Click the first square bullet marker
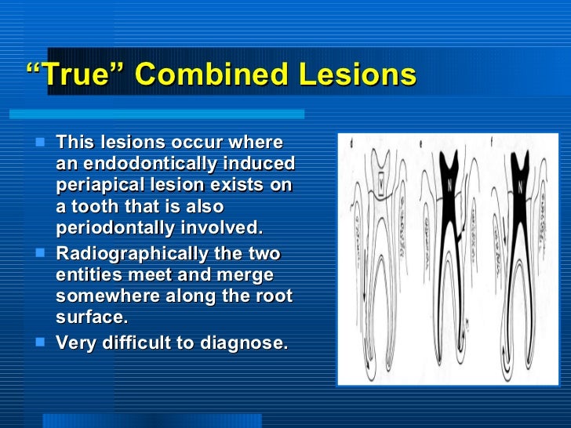pyautogui.click(x=42, y=143)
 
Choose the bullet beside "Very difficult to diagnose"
pyautogui.click(x=42, y=342)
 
